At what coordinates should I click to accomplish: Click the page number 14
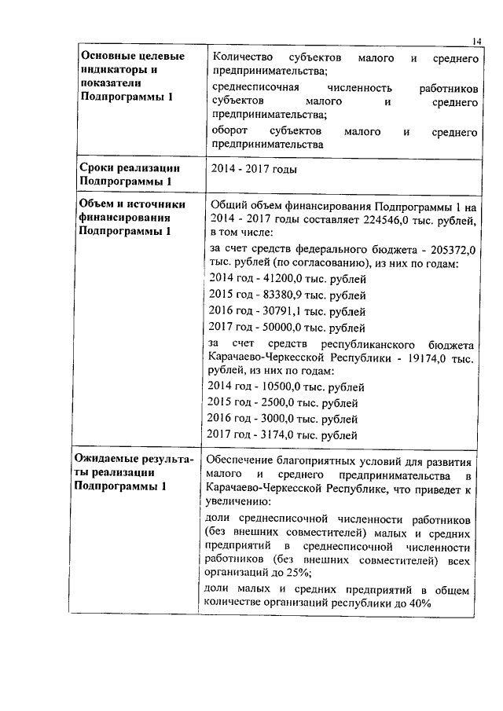(477, 40)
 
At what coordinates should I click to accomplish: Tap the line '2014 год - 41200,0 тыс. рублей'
(287, 279)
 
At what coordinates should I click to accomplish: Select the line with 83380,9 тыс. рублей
(287, 295)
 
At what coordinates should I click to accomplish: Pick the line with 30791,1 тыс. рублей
(287, 312)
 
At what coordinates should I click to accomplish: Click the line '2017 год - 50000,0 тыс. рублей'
(287, 328)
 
